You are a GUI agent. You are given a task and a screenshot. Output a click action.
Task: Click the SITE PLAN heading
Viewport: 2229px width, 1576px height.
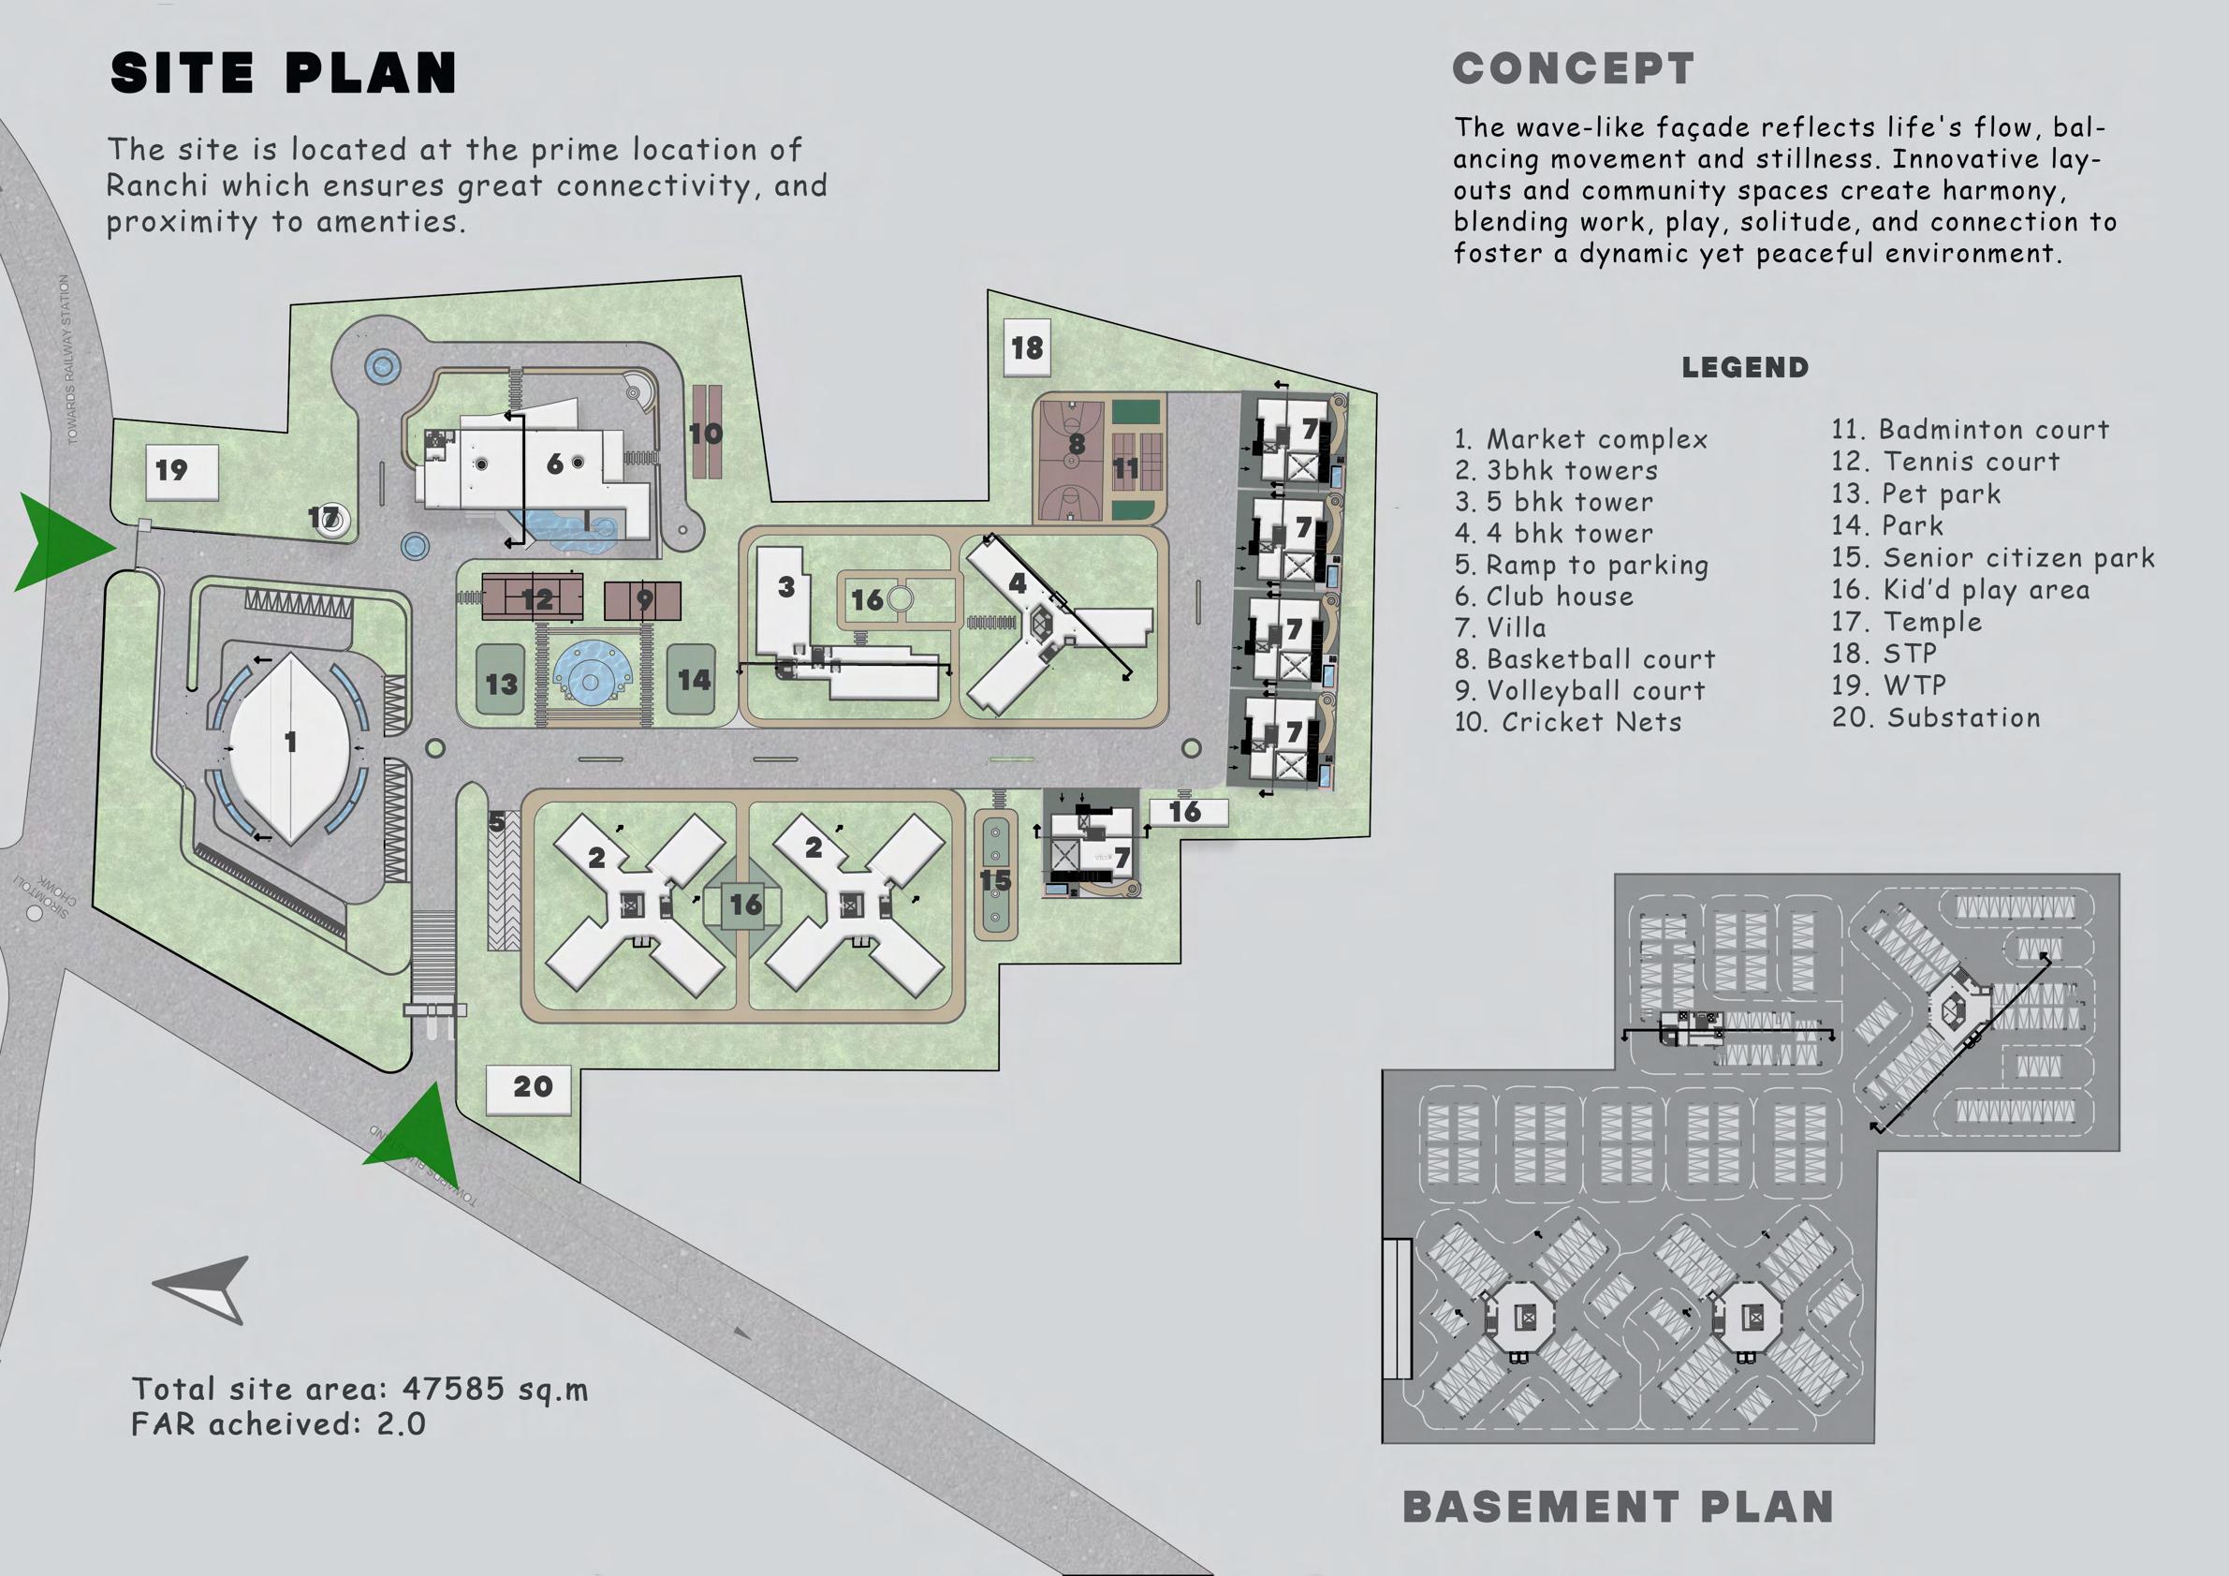283,73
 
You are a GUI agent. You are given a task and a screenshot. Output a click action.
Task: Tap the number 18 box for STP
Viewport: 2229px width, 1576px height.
1027,347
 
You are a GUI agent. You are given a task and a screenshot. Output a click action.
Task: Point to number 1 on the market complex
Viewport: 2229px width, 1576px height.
289,742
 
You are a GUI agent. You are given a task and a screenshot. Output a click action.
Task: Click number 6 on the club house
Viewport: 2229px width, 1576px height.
555,464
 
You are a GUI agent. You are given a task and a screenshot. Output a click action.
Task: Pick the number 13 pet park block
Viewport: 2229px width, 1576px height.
501,684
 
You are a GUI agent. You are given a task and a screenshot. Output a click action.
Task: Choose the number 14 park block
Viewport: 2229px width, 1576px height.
692,680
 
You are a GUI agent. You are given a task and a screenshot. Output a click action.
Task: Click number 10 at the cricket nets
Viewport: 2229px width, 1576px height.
706,433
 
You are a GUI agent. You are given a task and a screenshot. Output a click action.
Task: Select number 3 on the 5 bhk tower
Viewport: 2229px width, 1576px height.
786,586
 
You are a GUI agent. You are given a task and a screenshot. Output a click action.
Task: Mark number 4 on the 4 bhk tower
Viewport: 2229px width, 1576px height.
1017,582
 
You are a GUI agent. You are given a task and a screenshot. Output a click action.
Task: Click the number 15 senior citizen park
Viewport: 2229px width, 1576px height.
995,879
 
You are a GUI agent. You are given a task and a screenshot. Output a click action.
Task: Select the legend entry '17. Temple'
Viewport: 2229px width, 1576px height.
1907,622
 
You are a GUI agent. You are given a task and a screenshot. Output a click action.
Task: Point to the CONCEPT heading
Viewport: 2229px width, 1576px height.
1573,69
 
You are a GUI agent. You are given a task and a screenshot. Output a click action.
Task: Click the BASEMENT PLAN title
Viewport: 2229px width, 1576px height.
1618,1507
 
